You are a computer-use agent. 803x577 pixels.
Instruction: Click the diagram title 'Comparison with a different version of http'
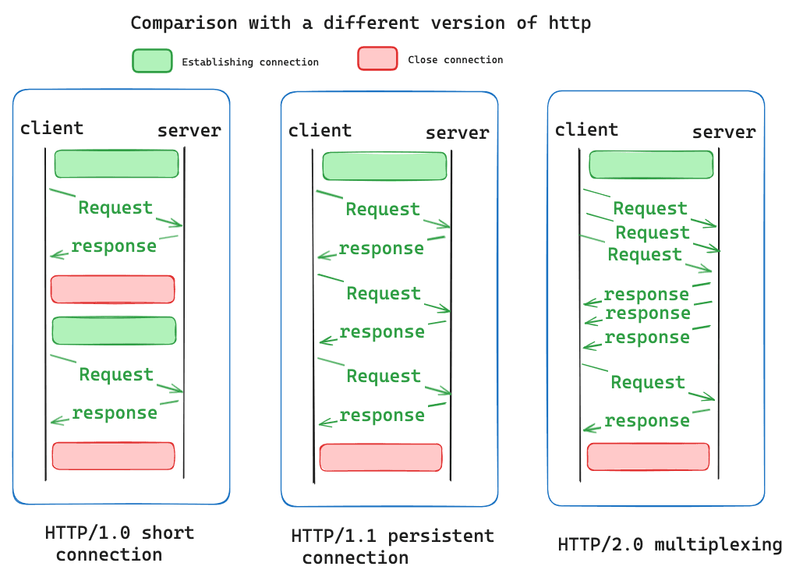click(x=360, y=23)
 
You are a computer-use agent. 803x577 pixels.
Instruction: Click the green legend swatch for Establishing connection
click(x=152, y=61)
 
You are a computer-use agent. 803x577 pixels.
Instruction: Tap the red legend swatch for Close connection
click(x=377, y=58)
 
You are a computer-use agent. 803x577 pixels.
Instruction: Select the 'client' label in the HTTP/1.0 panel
click(x=51, y=128)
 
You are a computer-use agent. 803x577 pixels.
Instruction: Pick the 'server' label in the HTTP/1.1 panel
click(x=457, y=133)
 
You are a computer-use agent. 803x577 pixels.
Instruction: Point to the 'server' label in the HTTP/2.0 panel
click(x=723, y=133)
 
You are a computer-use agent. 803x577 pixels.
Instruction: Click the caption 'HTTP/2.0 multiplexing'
click(x=670, y=544)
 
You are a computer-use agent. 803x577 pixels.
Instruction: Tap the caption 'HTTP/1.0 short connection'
click(x=119, y=543)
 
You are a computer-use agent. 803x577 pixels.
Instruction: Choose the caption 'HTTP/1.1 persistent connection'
click(x=392, y=547)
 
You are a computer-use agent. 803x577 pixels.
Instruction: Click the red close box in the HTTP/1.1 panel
click(x=381, y=457)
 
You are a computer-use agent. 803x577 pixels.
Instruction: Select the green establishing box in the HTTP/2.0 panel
click(x=651, y=165)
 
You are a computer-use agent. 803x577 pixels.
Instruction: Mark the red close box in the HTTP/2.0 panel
click(x=648, y=456)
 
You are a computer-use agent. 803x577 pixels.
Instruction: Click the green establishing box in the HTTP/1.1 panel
click(x=384, y=166)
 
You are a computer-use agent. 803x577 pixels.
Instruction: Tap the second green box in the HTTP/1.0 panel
click(x=114, y=331)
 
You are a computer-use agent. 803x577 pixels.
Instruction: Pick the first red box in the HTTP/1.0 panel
click(x=112, y=288)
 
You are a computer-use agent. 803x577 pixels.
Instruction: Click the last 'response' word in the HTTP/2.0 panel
click(x=647, y=421)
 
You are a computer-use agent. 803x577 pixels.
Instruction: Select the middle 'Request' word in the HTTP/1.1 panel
click(x=384, y=293)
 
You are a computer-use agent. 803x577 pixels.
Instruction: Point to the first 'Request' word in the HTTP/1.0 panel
click(x=115, y=207)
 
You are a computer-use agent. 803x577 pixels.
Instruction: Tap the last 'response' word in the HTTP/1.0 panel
click(x=115, y=412)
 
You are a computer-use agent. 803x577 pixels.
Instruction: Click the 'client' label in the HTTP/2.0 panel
click(x=586, y=129)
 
